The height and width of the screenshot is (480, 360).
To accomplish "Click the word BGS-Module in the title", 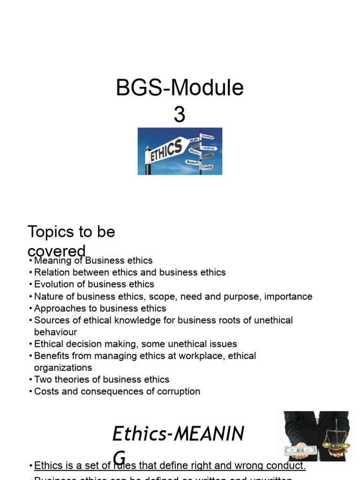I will (x=180, y=88).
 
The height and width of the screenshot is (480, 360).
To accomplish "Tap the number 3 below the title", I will (x=180, y=115).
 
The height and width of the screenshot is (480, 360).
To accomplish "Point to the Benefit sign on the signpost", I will (x=193, y=162).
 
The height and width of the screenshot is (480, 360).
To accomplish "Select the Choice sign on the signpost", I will (x=207, y=167).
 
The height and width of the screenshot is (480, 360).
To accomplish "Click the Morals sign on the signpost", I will (x=195, y=151).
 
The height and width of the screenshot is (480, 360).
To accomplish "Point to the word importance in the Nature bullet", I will (x=289, y=296).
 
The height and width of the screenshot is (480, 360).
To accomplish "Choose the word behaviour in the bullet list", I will (x=55, y=332).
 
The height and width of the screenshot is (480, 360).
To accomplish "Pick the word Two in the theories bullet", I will (x=43, y=379).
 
